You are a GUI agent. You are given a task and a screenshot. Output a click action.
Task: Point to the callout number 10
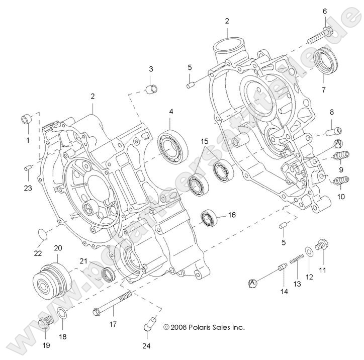341,197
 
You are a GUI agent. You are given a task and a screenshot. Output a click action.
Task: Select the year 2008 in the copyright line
180,327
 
